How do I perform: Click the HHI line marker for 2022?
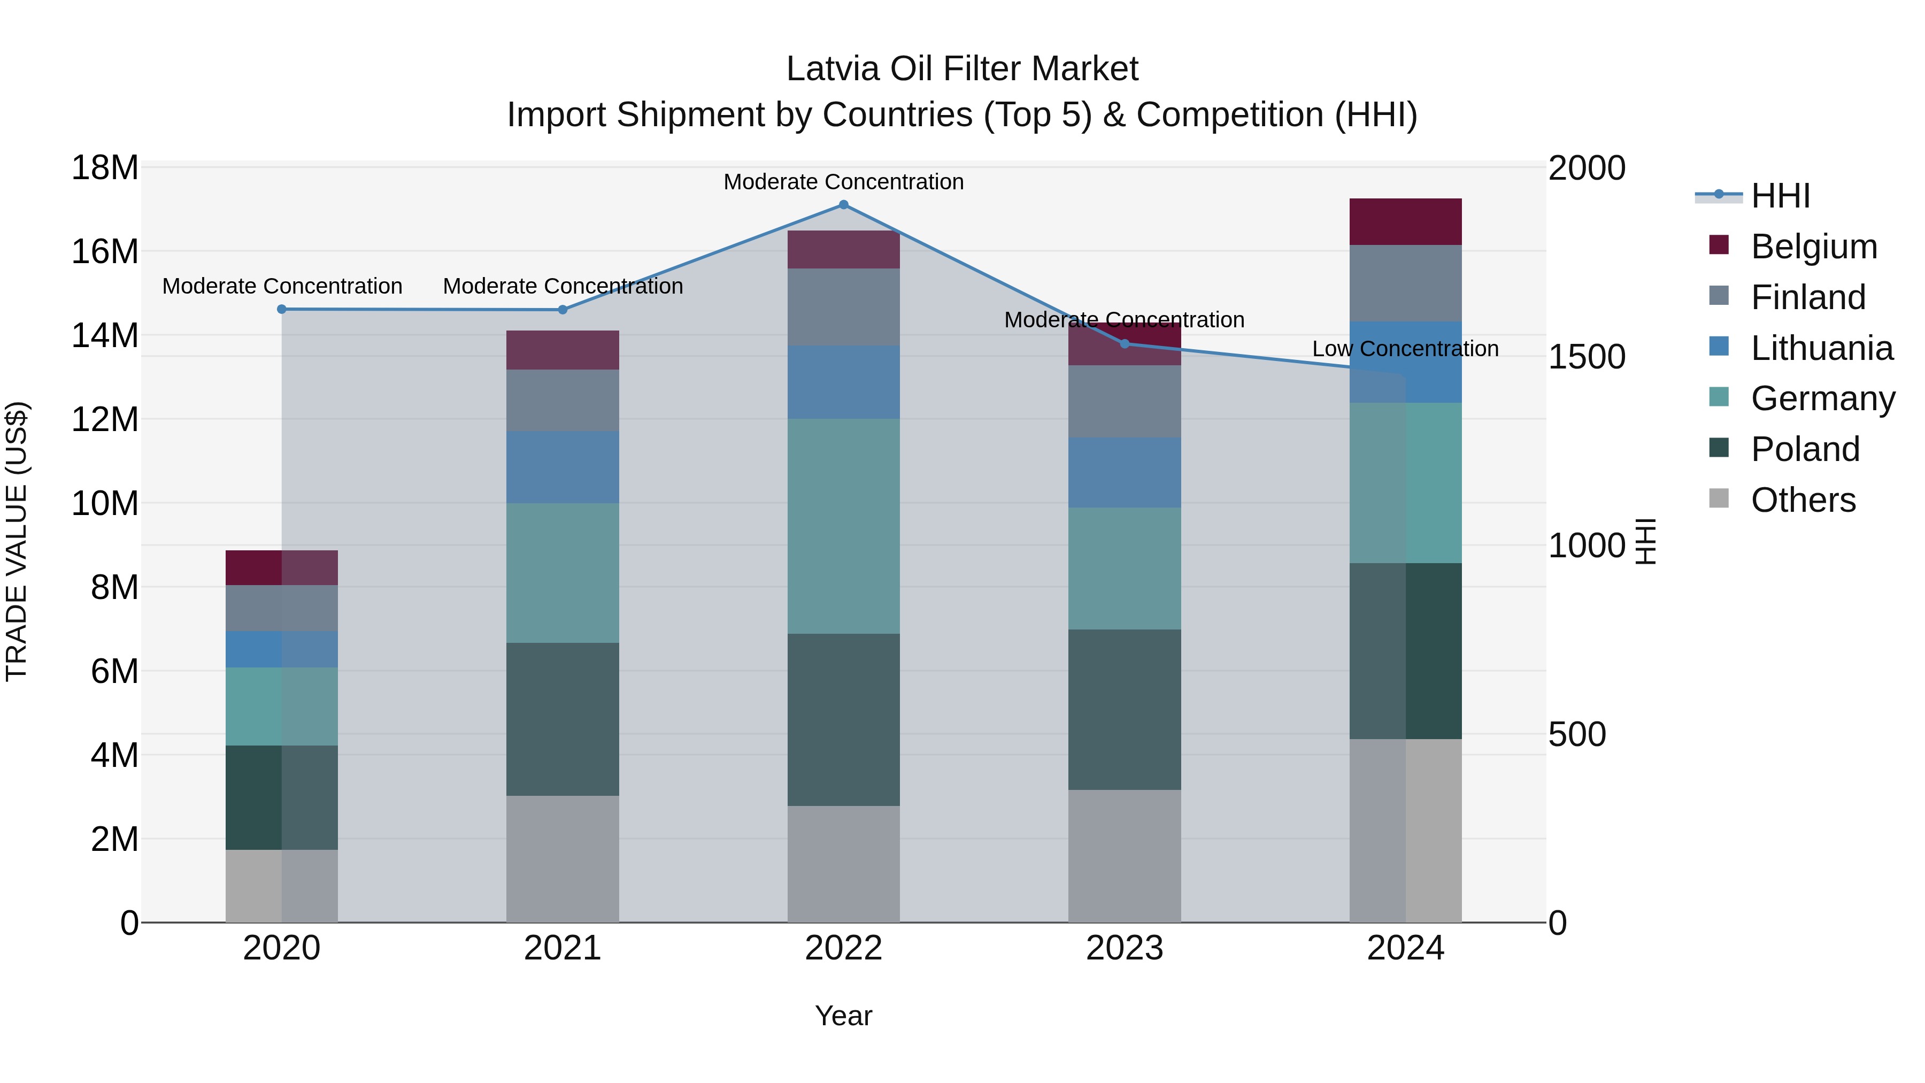point(844,205)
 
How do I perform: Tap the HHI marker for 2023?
point(1125,344)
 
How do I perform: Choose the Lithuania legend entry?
point(1821,348)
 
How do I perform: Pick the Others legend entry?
point(1803,500)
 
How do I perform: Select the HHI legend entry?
point(1780,196)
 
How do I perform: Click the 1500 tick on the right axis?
point(1587,357)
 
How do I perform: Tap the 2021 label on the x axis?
point(562,948)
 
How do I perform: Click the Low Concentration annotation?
point(1405,349)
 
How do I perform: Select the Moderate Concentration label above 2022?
point(844,182)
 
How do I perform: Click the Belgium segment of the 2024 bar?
point(1405,222)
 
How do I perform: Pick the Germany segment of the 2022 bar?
point(844,526)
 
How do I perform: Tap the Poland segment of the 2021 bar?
point(562,719)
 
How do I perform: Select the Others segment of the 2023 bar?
point(1125,856)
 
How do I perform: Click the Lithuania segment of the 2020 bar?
point(282,649)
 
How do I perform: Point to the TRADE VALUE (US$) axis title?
point(17,541)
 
